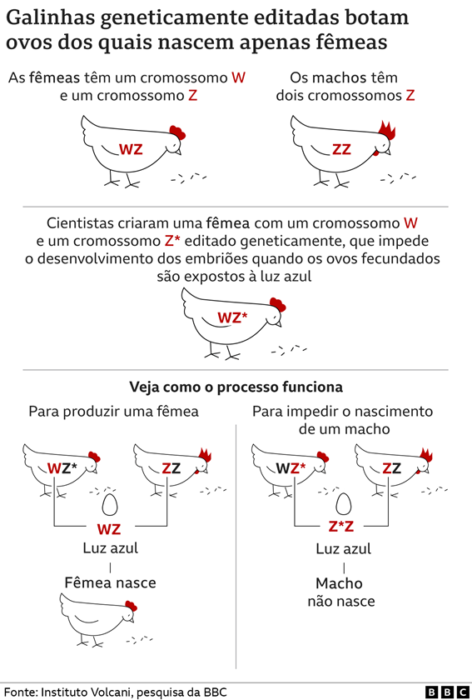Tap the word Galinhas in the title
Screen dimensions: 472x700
(51, 17)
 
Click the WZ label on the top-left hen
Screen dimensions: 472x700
(131, 149)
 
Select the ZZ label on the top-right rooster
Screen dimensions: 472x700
(341, 149)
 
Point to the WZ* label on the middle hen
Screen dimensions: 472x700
(232, 317)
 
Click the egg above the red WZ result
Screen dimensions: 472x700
(110, 505)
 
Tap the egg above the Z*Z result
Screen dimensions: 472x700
(343, 504)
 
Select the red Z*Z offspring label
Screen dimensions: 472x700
(341, 527)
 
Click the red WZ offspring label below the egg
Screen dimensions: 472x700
(109, 529)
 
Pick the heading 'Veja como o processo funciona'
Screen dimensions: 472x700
(236, 387)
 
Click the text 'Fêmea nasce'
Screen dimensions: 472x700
(110, 582)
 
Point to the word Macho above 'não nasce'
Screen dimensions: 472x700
(339, 583)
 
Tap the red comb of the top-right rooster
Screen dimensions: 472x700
(386, 129)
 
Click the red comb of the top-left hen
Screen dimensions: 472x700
(177, 132)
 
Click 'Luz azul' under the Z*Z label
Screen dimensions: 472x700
(344, 548)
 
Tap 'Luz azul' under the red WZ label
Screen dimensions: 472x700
(110, 547)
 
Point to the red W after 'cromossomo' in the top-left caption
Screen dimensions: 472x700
(239, 77)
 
